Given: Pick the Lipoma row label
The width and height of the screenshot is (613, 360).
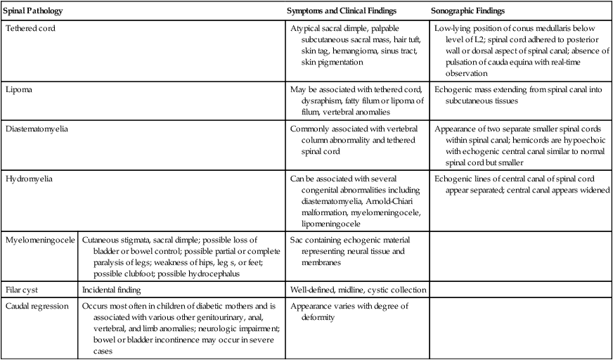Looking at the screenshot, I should click(19, 91).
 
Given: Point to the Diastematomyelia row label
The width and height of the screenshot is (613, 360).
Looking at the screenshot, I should click(36, 129).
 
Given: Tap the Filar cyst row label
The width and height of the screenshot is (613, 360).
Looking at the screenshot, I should click(24, 290).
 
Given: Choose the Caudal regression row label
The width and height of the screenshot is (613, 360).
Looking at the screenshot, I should click(37, 306).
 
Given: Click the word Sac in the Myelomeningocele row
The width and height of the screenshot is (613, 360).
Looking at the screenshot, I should click(297, 240).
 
